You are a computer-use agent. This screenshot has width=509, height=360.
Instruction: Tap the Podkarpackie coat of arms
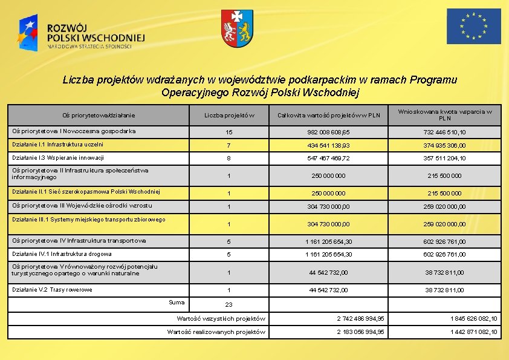(x=236, y=28)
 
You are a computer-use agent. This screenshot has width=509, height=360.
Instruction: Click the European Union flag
(x=473, y=27)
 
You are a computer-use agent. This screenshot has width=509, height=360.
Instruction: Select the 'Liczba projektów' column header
(x=229, y=115)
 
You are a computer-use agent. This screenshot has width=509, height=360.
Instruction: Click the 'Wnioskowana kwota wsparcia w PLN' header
(x=444, y=115)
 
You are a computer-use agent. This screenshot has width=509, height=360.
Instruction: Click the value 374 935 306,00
(x=444, y=145)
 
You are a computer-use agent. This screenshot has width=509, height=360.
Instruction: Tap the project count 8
(x=229, y=158)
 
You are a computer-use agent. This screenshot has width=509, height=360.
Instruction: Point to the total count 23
(x=229, y=304)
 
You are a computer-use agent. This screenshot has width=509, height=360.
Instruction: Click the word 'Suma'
(x=177, y=301)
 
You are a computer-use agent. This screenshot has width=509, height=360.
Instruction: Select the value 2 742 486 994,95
(x=360, y=318)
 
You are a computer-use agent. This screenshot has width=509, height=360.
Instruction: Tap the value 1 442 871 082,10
(x=474, y=332)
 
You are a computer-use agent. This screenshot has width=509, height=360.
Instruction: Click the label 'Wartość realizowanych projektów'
(x=216, y=332)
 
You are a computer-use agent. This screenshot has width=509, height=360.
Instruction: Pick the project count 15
(x=229, y=132)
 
